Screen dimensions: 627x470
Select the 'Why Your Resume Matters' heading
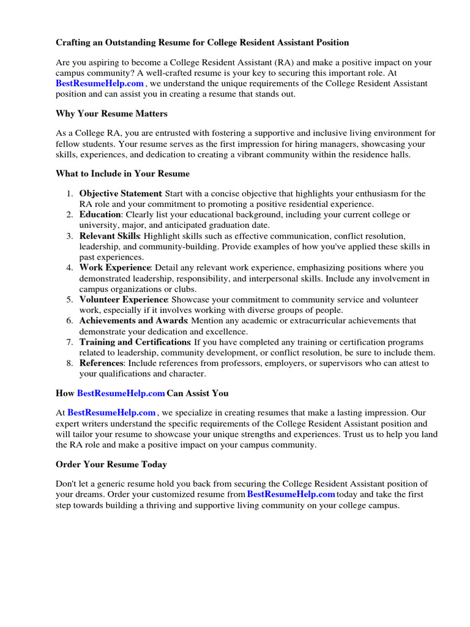pyautogui.click(x=111, y=114)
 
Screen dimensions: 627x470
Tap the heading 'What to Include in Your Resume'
pyautogui.click(x=122, y=174)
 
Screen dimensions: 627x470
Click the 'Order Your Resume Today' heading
pyautogui.click(x=111, y=465)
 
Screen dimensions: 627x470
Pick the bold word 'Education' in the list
pyautogui.click(x=101, y=215)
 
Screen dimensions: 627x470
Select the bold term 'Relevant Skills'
pyautogui.click(x=110, y=236)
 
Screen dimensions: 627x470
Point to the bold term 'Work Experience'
pyautogui.click(x=114, y=268)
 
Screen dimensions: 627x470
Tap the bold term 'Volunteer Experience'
pyautogui.click(x=123, y=299)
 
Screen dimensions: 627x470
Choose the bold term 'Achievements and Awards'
pyautogui.click(x=133, y=321)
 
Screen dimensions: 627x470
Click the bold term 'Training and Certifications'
pyautogui.click(x=135, y=342)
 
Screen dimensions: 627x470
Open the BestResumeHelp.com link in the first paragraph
pyautogui.click(x=100, y=84)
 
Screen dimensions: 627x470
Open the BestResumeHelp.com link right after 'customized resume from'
pyautogui.click(x=291, y=494)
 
